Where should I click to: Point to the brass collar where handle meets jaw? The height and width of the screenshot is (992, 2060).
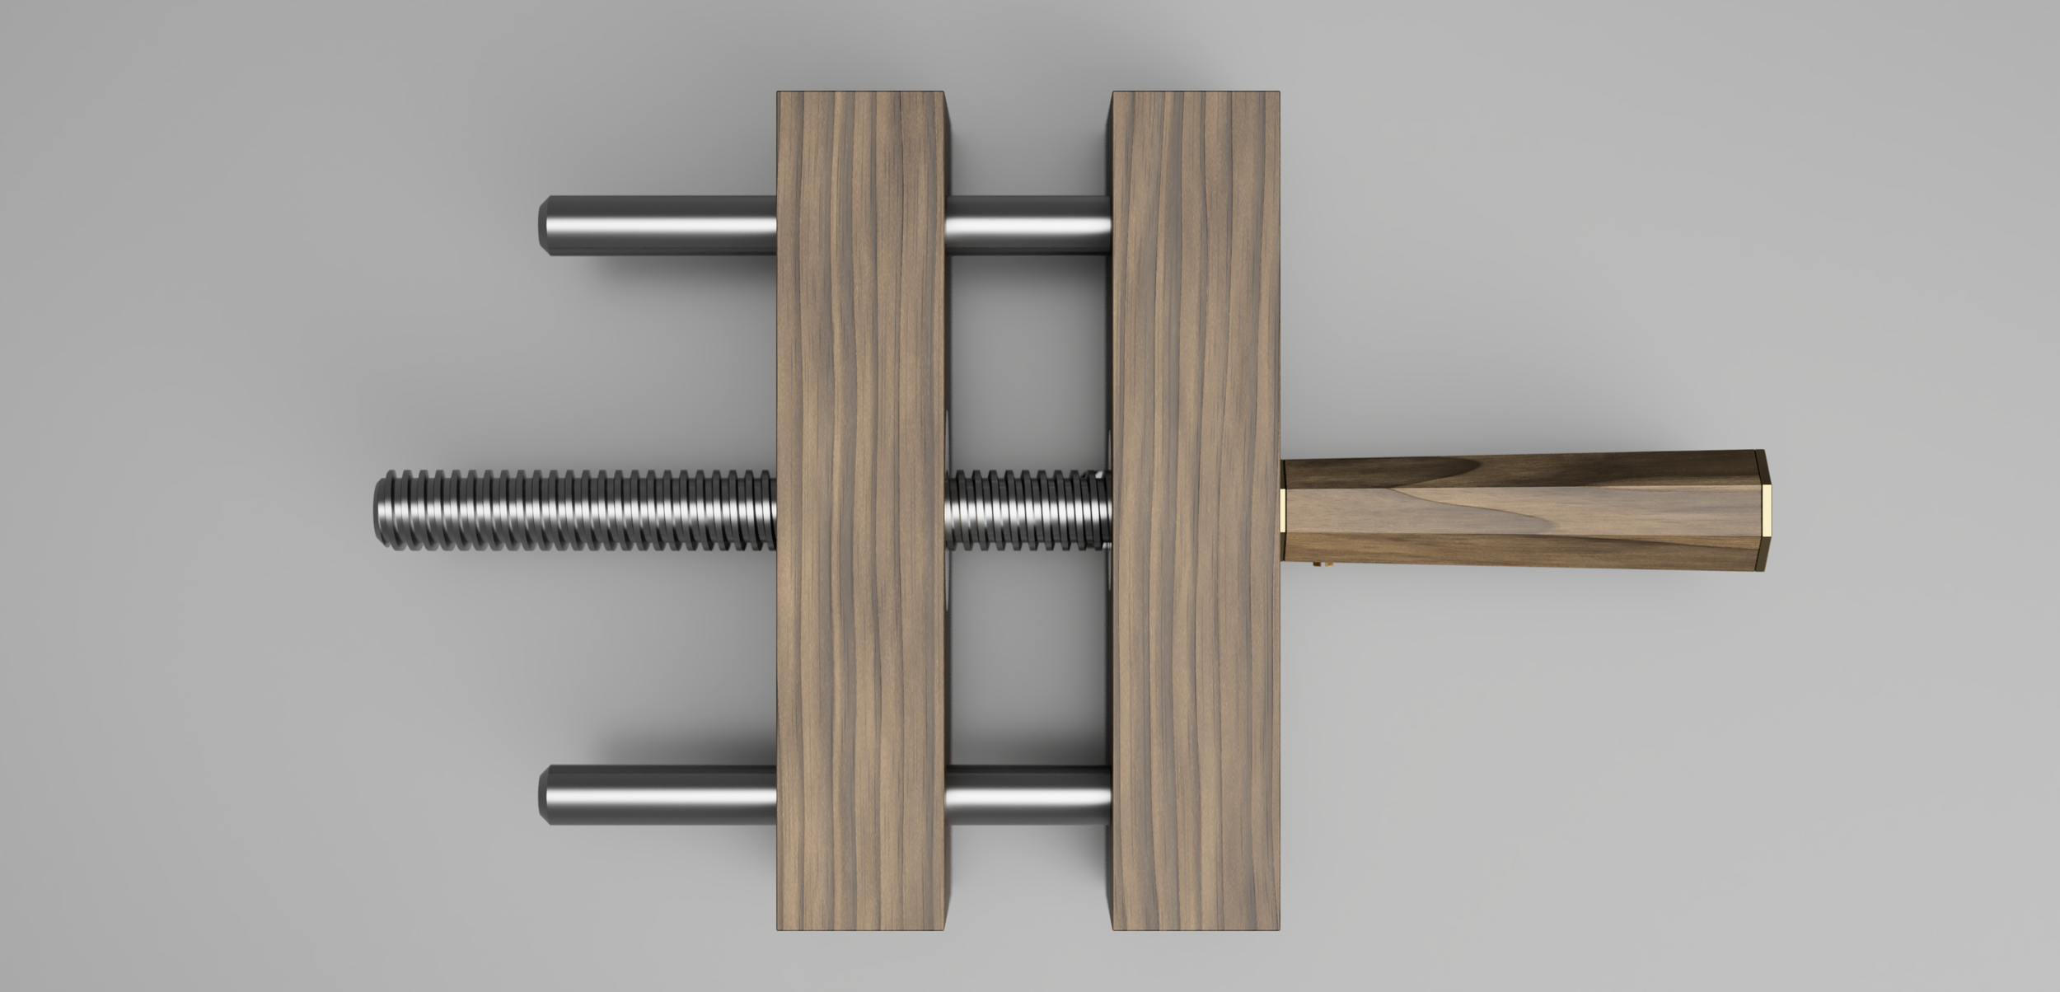tap(1283, 511)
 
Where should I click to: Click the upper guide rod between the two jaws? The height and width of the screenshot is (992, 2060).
tap(1028, 225)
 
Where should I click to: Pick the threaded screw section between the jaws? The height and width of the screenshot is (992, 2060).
tap(1028, 511)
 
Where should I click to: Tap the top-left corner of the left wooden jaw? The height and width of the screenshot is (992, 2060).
tap(779, 92)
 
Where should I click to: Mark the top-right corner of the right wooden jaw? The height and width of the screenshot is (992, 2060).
tap(1279, 92)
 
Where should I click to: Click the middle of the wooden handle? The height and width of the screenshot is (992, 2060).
tap(1524, 511)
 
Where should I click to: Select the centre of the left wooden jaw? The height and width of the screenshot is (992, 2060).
tap(861, 511)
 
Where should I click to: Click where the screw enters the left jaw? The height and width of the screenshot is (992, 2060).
tap(775, 511)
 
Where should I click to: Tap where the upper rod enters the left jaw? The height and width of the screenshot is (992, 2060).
tap(775, 225)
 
